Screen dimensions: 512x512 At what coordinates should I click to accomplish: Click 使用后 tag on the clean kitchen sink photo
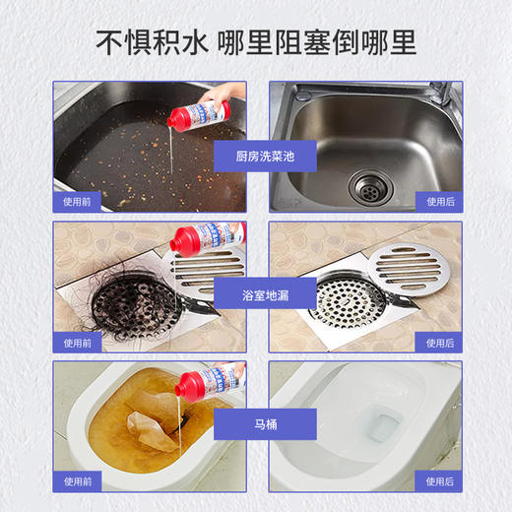(439, 202)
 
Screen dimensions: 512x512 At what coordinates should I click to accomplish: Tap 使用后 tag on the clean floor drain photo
(439, 343)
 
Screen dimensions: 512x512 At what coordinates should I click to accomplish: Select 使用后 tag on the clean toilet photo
(439, 481)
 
